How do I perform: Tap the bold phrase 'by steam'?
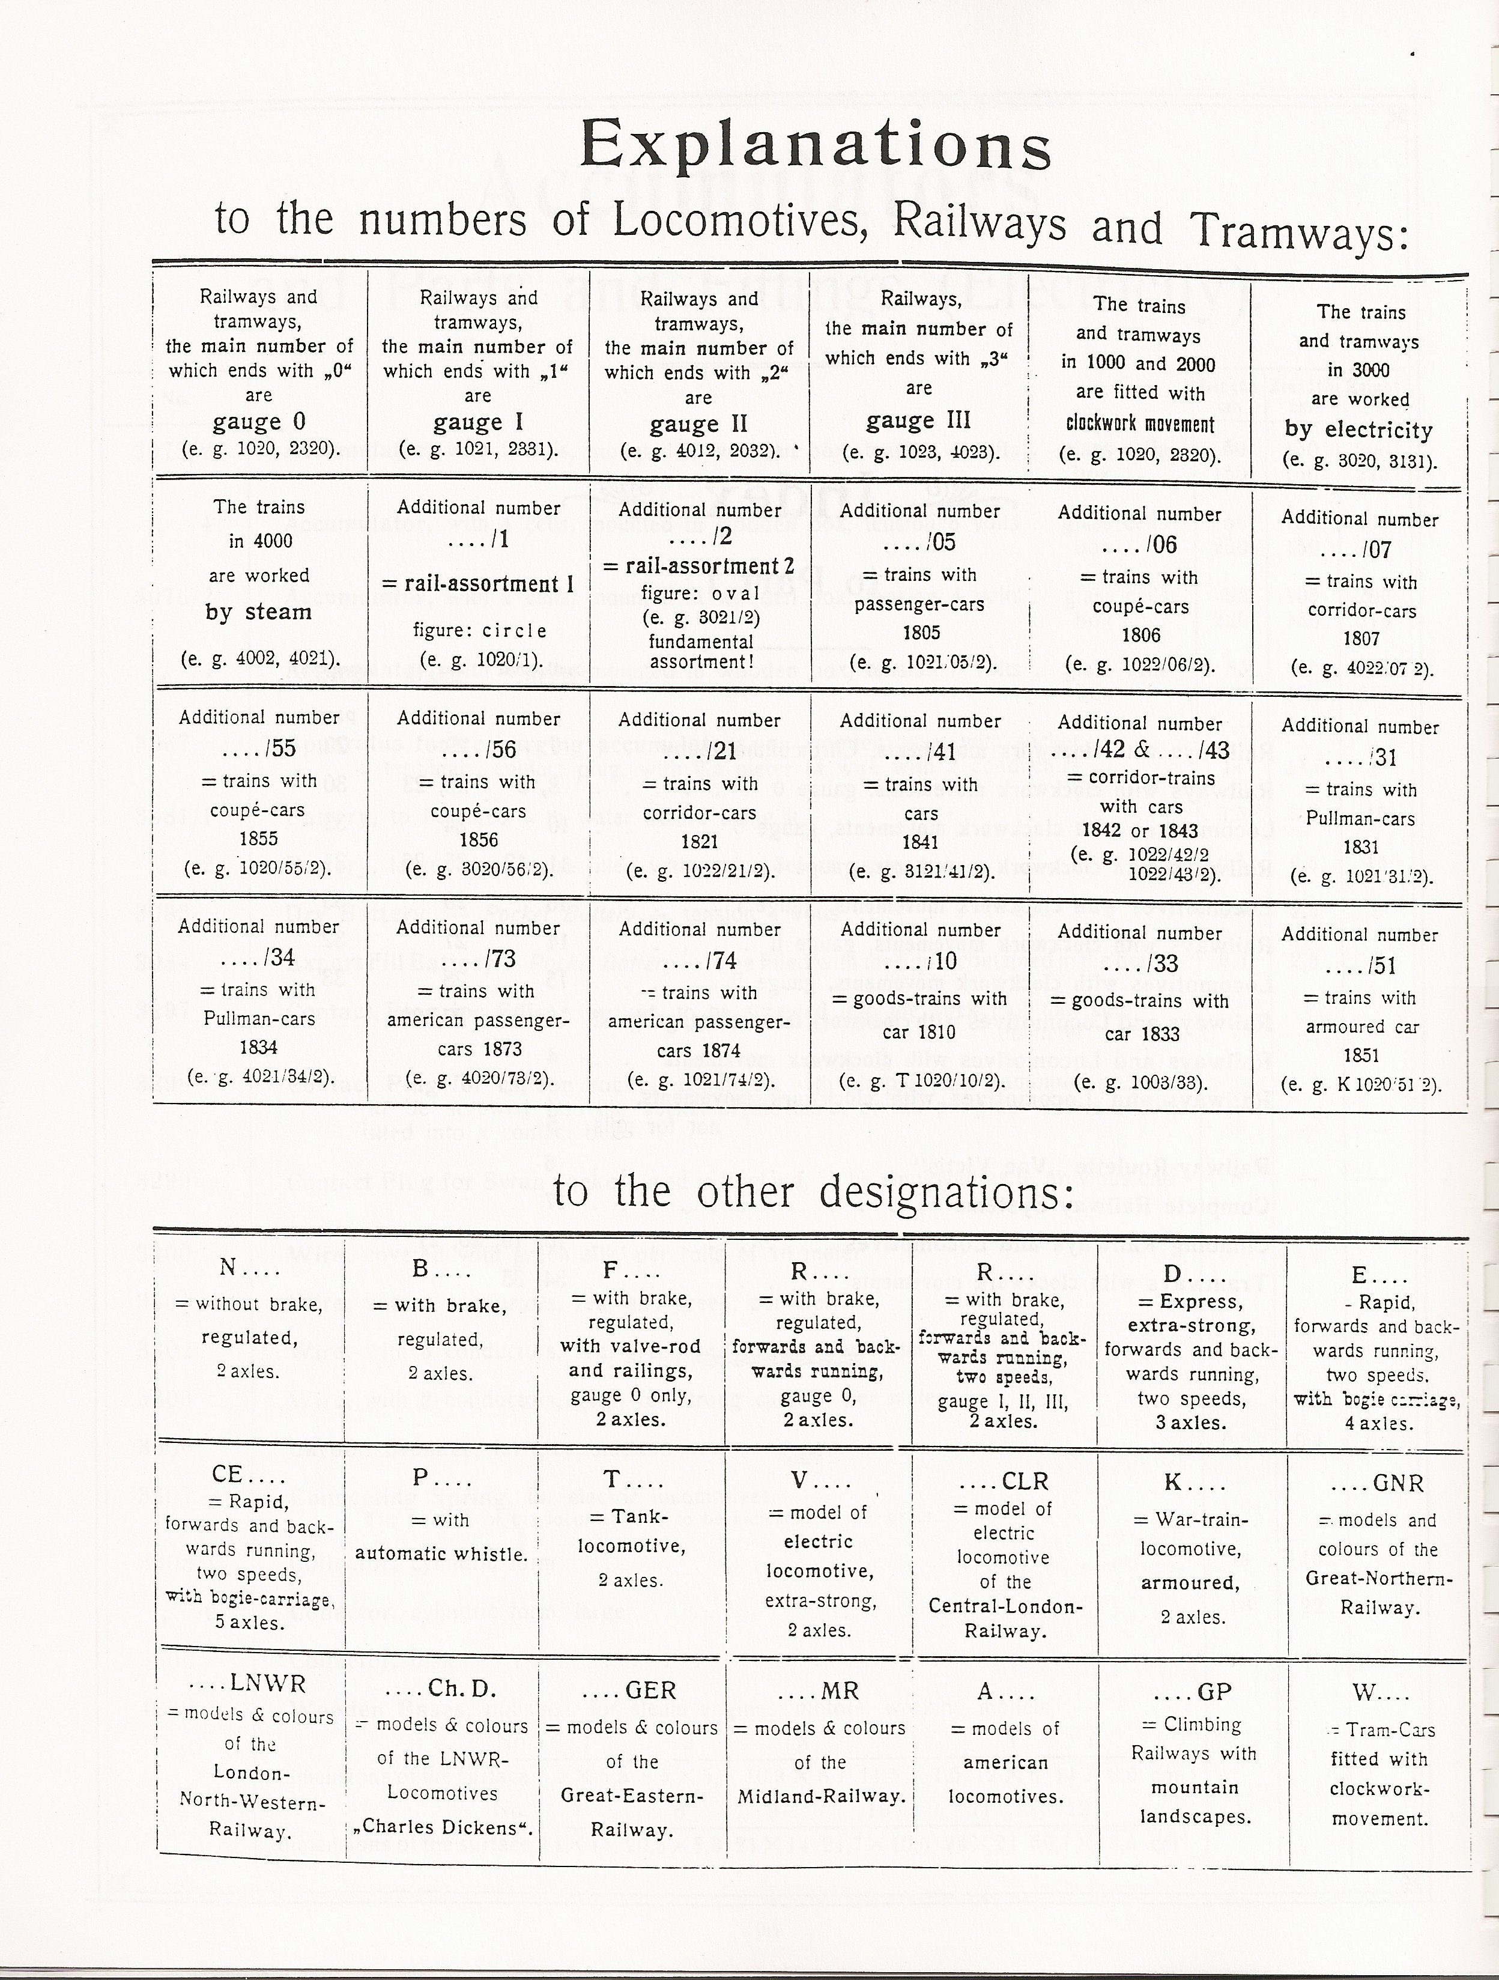pos(259,612)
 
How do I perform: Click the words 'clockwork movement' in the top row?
pos(1140,424)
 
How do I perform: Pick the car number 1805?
pos(921,633)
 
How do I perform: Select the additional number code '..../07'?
pos(1360,550)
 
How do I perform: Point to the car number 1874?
pos(700,1050)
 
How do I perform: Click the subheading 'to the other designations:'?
pos(813,1192)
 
